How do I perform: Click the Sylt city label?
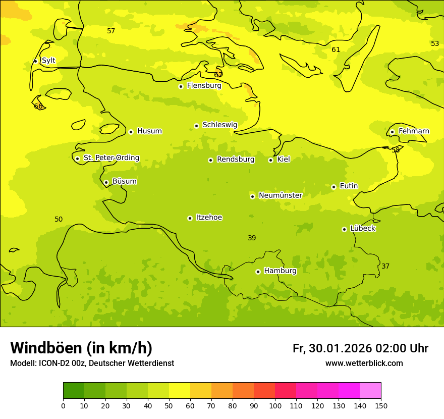pyautogui.click(x=48, y=61)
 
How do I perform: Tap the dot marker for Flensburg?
pyautogui.click(x=181, y=86)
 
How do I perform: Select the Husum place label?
pyautogui.click(x=149, y=131)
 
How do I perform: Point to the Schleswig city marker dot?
pyautogui.click(x=196, y=126)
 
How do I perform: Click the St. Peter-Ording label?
pyautogui.click(x=112, y=158)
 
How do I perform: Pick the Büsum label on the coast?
pyautogui.click(x=124, y=181)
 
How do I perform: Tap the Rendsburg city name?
pyautogui.click(x=236, y=160)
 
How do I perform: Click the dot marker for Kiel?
pyautogui.click(x=270, y=160)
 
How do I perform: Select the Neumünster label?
pyautogui.click(x=281, y=195)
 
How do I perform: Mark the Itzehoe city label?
pyautogui.click(x=209, y=218)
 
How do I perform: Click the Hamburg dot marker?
pyautogui.click(x=258, y=272)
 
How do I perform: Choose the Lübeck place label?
pyautogui.click(x=362, y=228)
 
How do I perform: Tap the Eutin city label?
pyautogui.click(x=349, y=186)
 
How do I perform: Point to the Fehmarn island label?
pyautogui.click(x=414, y=131)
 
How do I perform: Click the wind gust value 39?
pyautogui.click(x=252, y=238)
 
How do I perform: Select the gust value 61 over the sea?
pyautogui.click(x=336, y=49)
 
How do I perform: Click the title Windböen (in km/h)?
pyautogui.click(x=81, y=348)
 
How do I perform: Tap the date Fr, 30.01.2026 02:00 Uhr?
pyautogui.click(x=360, y=348)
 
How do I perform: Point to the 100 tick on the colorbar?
pyautogui.click(x=275, y=405)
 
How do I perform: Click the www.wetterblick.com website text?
pyautogui.click(x=364, y=363)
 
